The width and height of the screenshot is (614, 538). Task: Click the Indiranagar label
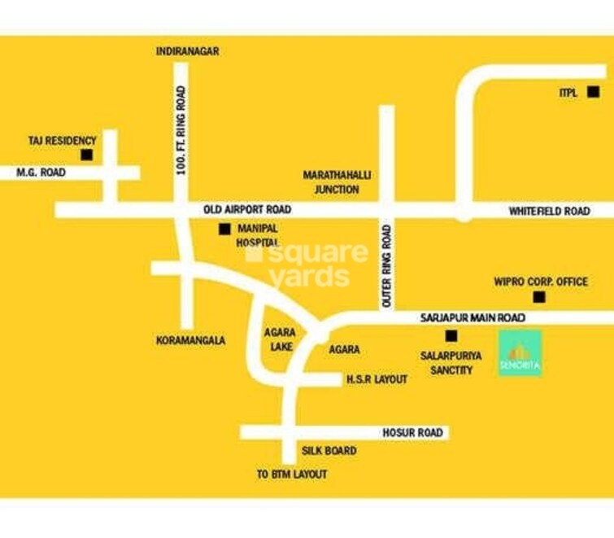[x=187, y=51]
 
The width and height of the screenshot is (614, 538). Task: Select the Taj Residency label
[x=62, y=141]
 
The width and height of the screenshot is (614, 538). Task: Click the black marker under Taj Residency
[x=86, y=155]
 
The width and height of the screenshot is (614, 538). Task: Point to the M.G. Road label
[x=41, y=173]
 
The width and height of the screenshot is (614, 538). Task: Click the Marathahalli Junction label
[x=331, y=182]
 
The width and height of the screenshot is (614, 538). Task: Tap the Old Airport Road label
[x=246, y=210]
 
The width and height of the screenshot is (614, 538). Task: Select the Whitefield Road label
[x=549, y=211]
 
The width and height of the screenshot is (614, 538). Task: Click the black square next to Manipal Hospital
[x=224, y=230]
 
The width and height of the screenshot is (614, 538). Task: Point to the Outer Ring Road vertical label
[x=387, y=265]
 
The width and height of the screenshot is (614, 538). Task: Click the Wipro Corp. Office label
[x=541, y=282]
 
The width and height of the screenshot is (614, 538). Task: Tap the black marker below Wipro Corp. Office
[x=537, y=298]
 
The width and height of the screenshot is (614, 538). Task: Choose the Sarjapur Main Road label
[x=472, y=317]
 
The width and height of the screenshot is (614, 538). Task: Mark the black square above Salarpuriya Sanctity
[x=451, y=335]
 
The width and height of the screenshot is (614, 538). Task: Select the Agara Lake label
[x=279, y=339]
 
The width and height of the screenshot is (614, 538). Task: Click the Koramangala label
[x=190, y=340]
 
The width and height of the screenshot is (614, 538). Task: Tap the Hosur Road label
[x=418, y=433]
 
